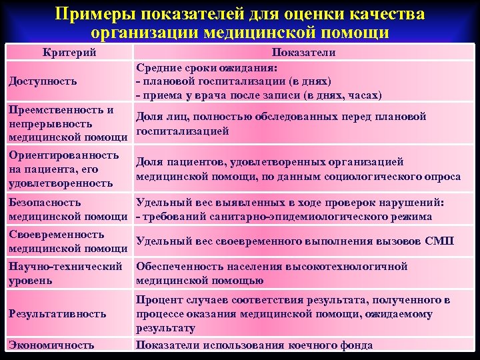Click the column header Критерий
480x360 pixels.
point(69,52)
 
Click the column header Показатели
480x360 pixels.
point(303,52)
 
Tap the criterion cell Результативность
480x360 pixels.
point(57,313)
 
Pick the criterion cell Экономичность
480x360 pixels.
point(51,345)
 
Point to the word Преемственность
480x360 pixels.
point(53,110)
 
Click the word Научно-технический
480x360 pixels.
point(65,267)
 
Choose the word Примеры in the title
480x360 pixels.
point(93,14)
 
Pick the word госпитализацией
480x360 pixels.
point(182,131)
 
